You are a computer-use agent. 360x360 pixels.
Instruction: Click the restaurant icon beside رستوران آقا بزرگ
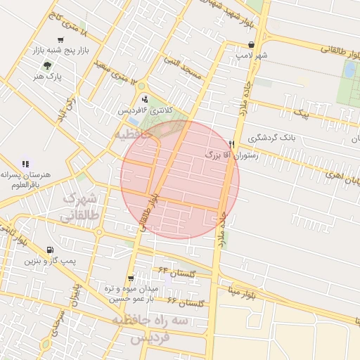231,143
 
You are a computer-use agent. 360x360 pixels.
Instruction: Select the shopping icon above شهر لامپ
251,44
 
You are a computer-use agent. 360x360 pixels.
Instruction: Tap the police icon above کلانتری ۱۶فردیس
144,98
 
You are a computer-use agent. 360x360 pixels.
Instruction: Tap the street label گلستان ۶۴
173,270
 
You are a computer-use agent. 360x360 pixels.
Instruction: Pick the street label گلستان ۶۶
186,302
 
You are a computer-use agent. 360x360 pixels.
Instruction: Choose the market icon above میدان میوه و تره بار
131,278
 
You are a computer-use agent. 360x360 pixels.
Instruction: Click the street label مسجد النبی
182,66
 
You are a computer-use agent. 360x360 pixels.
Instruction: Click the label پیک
300,112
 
